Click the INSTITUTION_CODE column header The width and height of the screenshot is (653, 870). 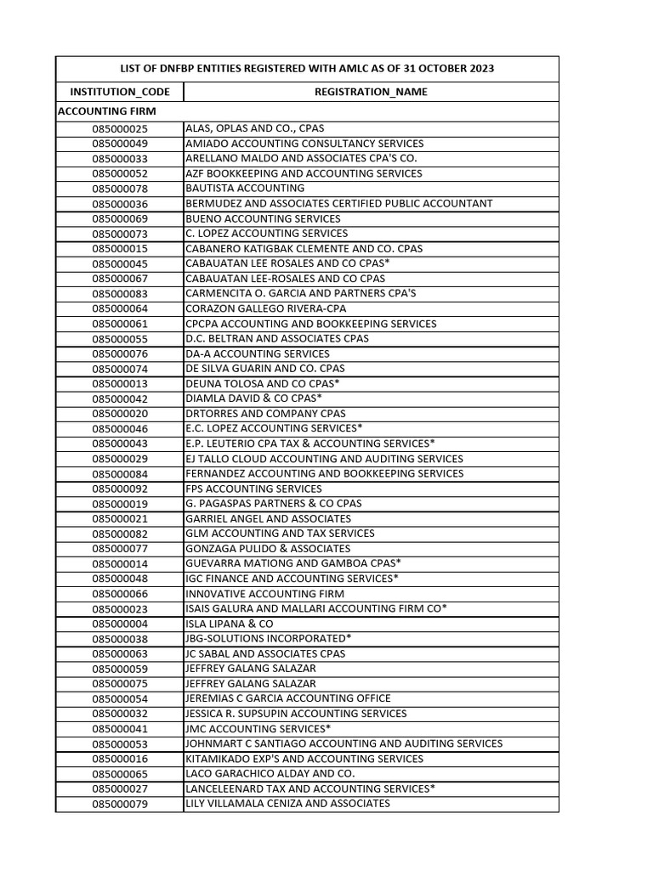point(120,92)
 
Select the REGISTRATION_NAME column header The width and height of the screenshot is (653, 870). point(371,92)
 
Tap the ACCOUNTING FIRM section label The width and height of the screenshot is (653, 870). point(107,111)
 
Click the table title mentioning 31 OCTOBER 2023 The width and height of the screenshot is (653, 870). point(307,69)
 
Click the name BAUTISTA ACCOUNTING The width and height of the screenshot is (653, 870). point(245,188)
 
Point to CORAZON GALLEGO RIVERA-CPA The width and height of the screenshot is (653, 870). point(265,308)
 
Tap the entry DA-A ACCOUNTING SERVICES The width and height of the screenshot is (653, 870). point(258,353)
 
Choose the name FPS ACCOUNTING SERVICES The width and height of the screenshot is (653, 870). point(253,489)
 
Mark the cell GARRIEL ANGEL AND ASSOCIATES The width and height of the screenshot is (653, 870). point(268,518)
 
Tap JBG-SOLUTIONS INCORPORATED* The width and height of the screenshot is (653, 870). point(269,638)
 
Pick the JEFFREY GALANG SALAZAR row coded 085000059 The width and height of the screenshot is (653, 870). point(250,669)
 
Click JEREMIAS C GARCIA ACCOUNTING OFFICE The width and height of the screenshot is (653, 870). point(288,698)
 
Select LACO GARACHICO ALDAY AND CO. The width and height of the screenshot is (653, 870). point(270,774)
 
